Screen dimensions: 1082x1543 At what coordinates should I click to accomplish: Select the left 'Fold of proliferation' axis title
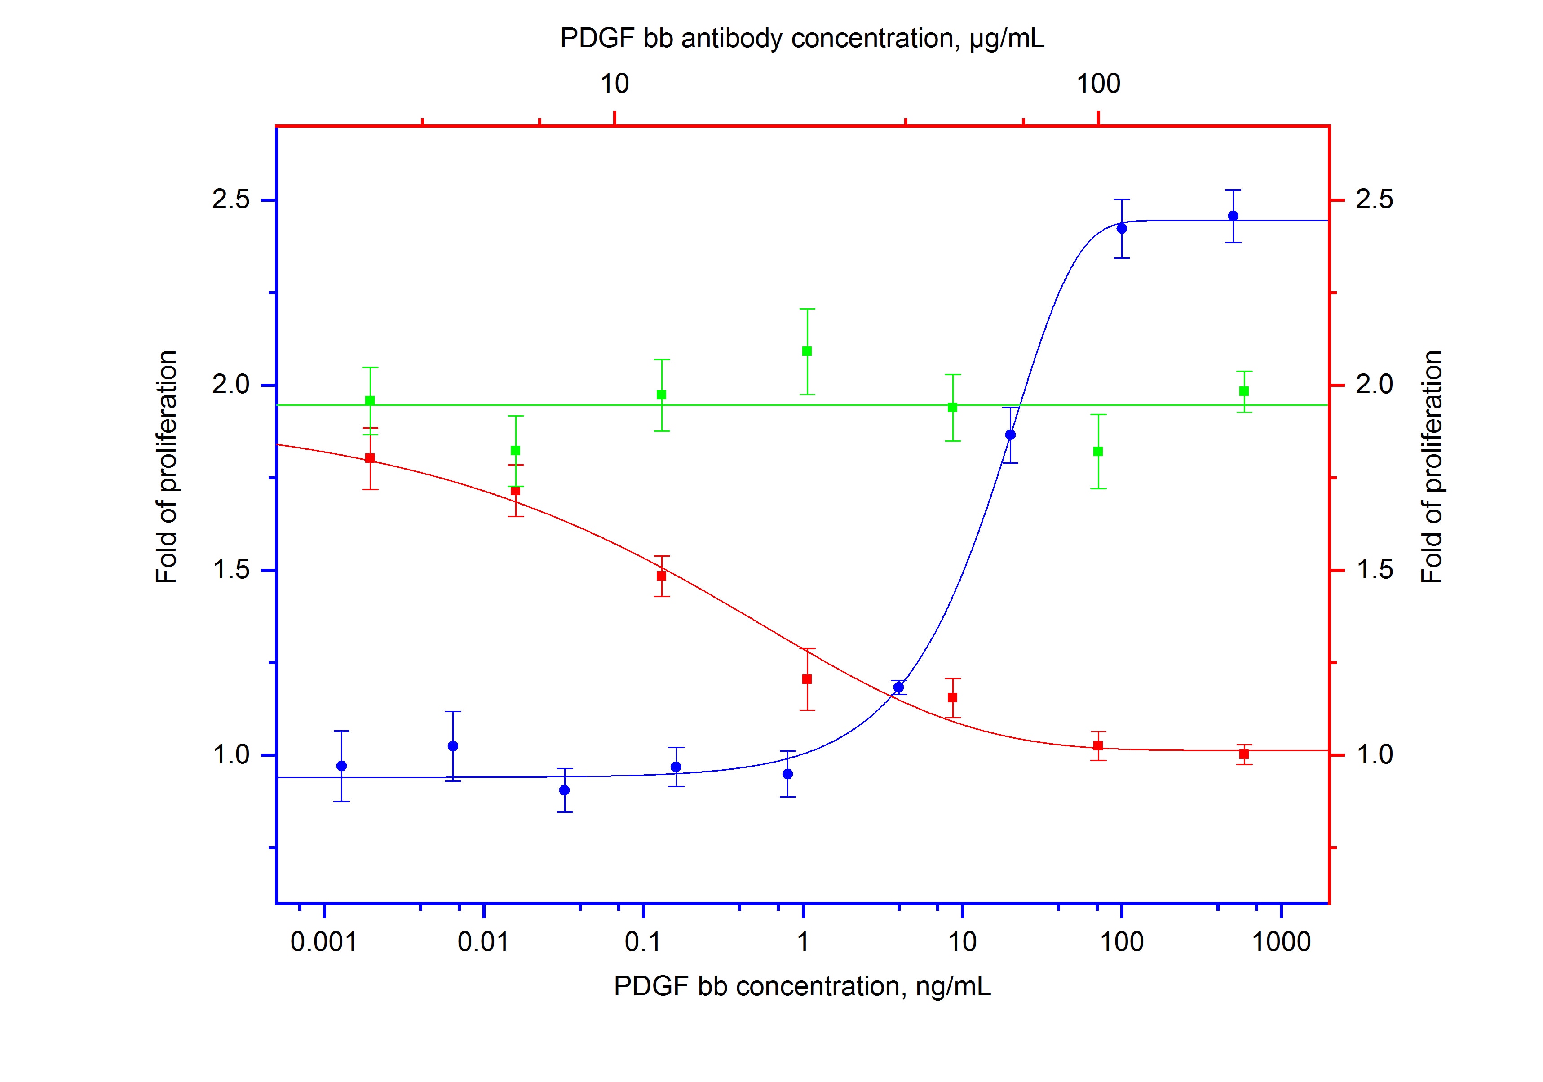tap(166, 467)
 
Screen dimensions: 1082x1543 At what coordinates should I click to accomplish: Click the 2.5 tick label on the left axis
tap(230, 200)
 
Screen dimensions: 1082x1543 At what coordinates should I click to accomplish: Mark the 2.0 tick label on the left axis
tap(230, 385)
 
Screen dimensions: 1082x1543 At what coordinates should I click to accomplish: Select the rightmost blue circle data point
tap(1233, 216)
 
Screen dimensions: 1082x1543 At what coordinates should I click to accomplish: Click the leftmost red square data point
tap(370, 458)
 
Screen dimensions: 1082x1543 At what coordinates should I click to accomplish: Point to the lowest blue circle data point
tap(565, 789)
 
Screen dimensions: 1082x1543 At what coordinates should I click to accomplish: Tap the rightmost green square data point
tap(1244, 391)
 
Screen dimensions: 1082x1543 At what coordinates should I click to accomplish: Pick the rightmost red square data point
tap(1244, 754)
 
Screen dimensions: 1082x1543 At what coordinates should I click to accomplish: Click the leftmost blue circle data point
tap(341, 766)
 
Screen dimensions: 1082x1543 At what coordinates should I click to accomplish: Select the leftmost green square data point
tap(370, 400)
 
